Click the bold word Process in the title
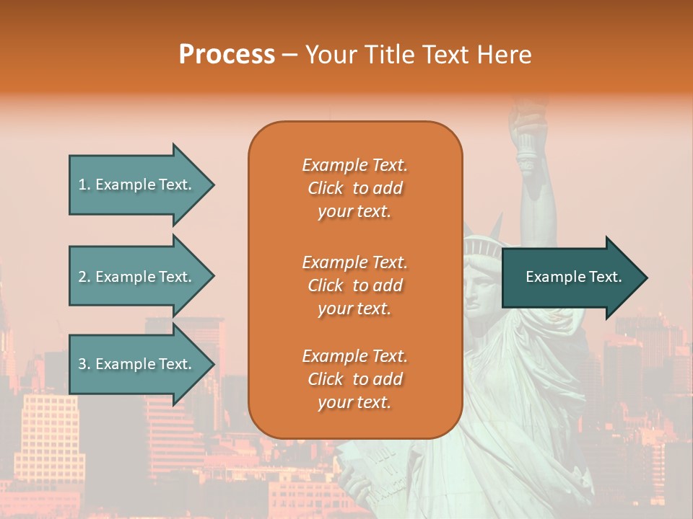(x=227, y=55)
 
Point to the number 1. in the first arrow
(x=84, y=185)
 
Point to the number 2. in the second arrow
(x=84, y=277)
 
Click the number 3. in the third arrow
(x=84, y=364)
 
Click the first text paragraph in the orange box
(x=354, y=188)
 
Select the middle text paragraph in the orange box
(x=354, y=285)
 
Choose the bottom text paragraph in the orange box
(x=354, y=379)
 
